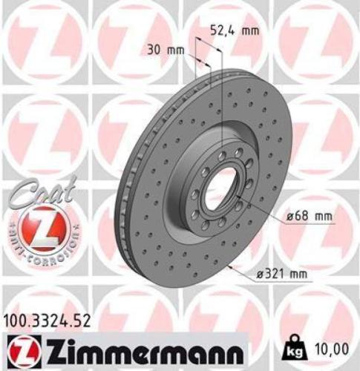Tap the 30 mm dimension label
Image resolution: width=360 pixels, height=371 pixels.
(x=163, y=50)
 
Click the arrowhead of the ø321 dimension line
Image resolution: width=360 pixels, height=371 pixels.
(x=237, y=265)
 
